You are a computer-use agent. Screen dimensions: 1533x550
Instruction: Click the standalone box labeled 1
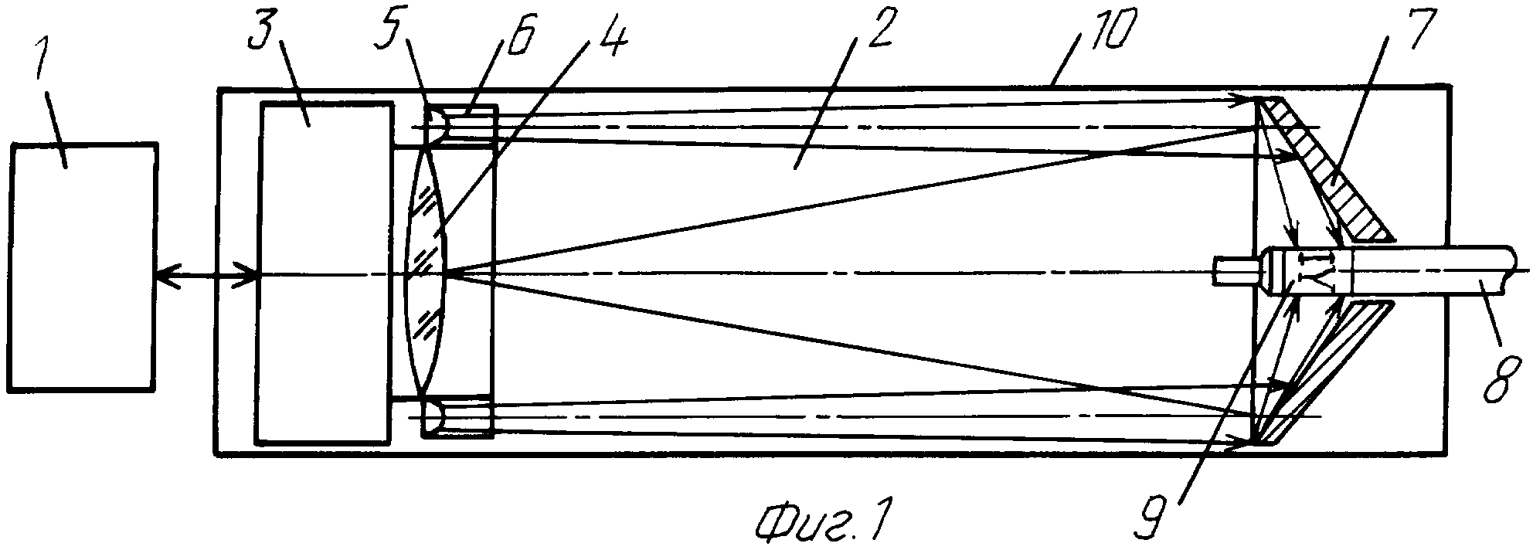[x=83, y=267]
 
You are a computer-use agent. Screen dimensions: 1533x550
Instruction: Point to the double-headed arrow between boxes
[x=206, y=273]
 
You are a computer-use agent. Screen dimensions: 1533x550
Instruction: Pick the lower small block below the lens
[x=457, y=418]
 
